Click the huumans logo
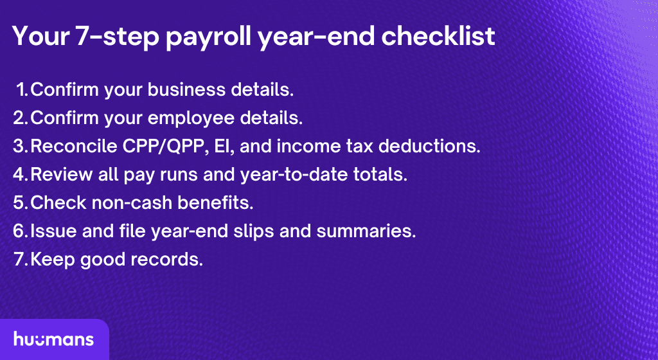click(53, 339)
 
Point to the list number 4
click(19, 174)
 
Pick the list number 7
click(19, 259)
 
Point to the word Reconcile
click(73, 147)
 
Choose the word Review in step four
click(59, 174)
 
